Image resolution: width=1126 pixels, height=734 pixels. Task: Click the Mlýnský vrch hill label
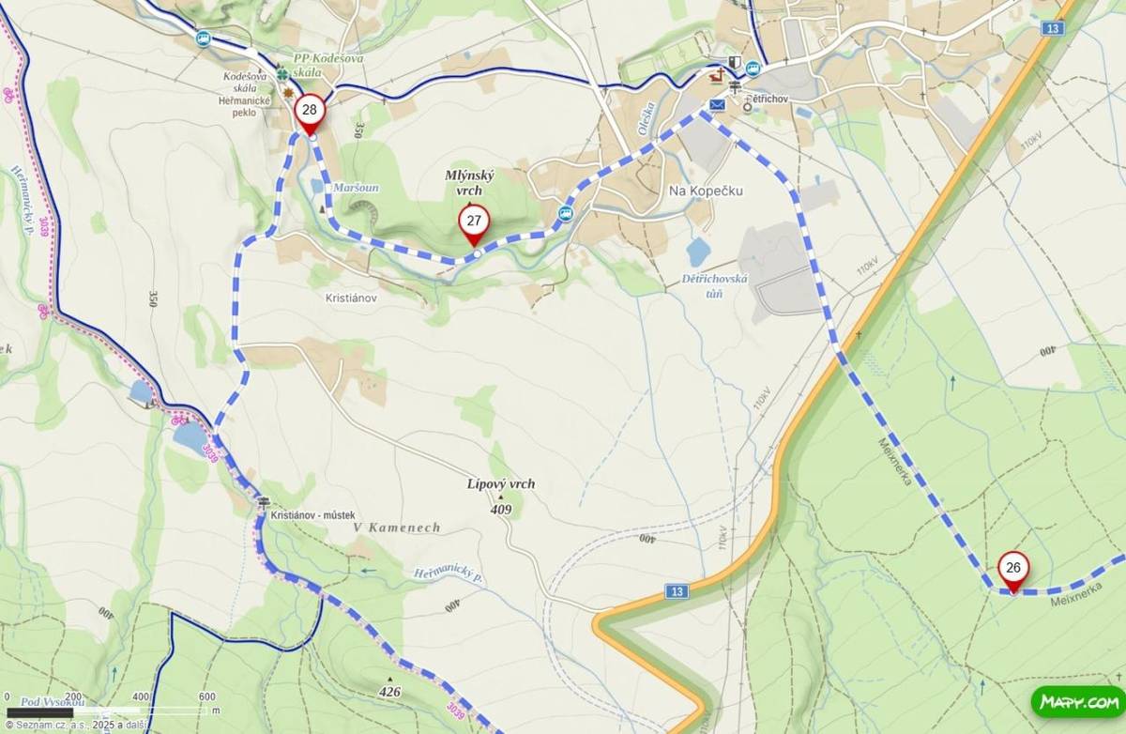click(x=468, y=183)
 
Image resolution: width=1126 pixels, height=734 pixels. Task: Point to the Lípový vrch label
click(x=501, y=484)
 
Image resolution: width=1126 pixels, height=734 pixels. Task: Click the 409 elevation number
click(x=501, y=509)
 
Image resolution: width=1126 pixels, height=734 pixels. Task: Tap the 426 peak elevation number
click(x=389, y=693)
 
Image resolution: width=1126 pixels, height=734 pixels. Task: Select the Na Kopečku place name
click(x=705, y=191)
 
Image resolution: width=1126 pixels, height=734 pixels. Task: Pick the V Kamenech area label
click(x=397, y=528)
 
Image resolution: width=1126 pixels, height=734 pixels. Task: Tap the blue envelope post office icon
click(x=718, y=105)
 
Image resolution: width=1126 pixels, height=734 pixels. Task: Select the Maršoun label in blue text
click(x=356, y=188)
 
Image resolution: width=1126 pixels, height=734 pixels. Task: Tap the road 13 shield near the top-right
click(x=1053, y=29)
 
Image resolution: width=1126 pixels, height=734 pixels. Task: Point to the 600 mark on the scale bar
click(x=207, y=696)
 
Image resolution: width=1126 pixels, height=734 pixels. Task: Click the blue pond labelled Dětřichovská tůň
click(x=699, y=252)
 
